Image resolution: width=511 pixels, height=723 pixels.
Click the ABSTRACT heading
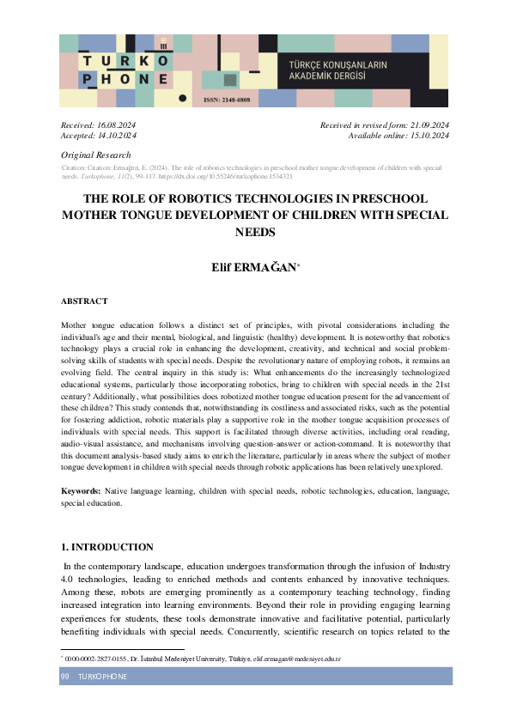(84, 301)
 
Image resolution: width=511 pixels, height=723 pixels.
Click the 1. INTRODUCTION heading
(107, 547)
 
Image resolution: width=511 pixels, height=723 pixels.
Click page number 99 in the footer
(64, 677)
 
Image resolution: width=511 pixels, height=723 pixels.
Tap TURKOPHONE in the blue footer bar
(102, 677)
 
